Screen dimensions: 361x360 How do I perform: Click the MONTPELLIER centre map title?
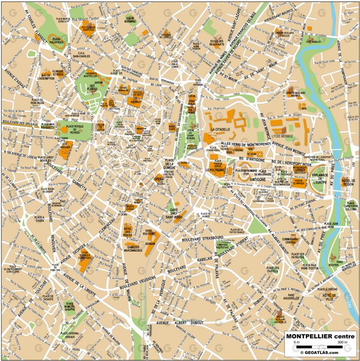320,336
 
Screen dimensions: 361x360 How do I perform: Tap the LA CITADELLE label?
220,129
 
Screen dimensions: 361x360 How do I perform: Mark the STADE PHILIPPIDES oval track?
56,37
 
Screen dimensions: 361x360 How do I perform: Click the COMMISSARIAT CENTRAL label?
291,241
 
